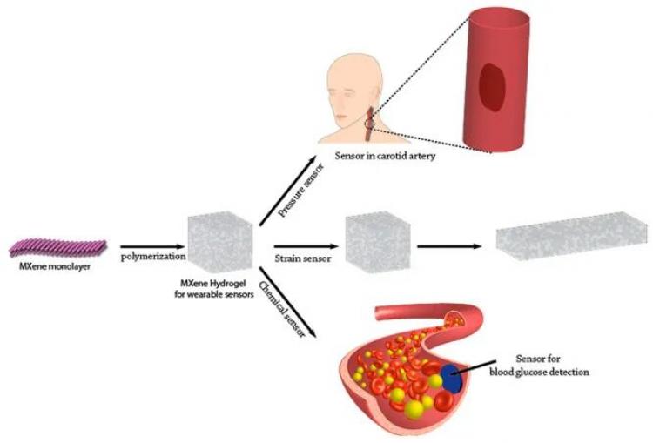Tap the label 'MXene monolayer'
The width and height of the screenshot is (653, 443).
tap(55, 267)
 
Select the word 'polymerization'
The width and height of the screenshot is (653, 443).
tap(153, 257)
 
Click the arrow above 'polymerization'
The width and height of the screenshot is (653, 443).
tap(152, 247)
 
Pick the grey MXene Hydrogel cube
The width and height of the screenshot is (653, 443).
tap(220, 242)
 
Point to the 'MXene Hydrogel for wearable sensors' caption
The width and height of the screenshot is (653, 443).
tap(214, 289)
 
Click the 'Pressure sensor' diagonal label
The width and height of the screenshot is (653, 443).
tap(300, 191)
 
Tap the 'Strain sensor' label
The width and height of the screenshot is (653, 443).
tap(303, 258)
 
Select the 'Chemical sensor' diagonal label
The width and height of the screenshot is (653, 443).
tap(281, 309)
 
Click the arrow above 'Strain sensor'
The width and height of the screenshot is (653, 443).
tap(306, 247)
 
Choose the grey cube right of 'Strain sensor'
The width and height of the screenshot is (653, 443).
tap(378, 242)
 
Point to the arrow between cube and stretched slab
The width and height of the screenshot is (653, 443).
tap(450, 246)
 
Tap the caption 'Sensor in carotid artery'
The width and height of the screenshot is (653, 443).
tap(385, 156)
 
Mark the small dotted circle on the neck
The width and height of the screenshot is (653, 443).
tap(369, 124)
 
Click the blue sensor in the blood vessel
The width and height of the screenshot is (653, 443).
tap(452, 378)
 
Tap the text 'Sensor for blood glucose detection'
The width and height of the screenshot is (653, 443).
tap(539, 365)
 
